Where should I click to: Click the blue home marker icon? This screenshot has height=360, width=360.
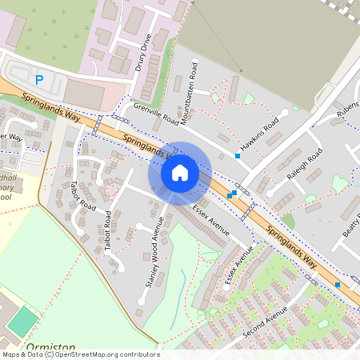pos(180,173)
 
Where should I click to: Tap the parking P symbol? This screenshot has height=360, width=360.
pos(38,79)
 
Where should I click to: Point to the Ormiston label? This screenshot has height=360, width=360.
pos(45,348)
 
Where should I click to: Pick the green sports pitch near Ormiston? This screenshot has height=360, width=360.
pos(23,322)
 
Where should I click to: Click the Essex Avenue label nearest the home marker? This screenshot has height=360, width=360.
pos(211,220)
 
